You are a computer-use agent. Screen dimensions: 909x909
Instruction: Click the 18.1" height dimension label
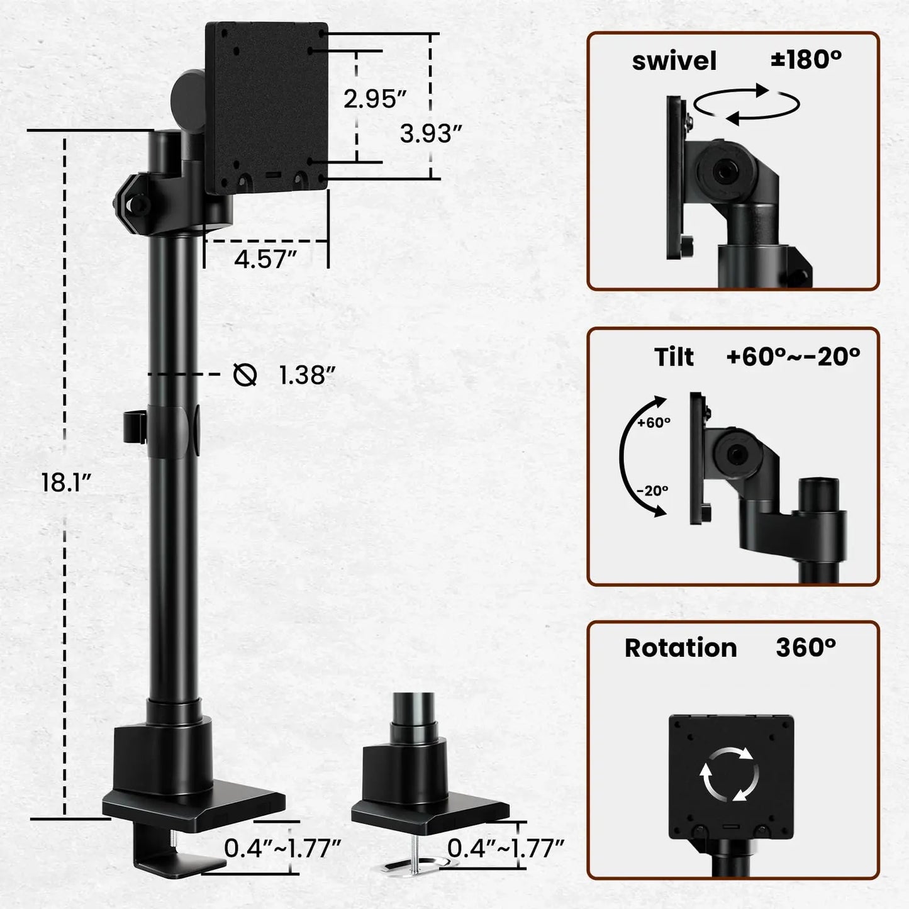[66, 482]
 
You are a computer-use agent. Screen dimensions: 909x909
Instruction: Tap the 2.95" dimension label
[375, 99]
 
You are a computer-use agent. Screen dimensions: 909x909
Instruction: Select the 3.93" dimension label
[431, 133]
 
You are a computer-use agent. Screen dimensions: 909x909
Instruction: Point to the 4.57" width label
[265, 259]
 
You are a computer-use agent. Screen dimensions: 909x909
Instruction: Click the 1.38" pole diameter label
[307, 376]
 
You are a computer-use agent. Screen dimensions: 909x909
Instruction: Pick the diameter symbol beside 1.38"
[245, 375]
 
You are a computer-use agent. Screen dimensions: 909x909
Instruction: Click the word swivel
[674, 61]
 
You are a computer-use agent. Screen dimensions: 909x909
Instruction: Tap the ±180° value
[806, 59]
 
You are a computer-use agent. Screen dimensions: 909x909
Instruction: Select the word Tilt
[674, 357]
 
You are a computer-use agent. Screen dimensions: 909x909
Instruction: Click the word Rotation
[681, 648]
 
